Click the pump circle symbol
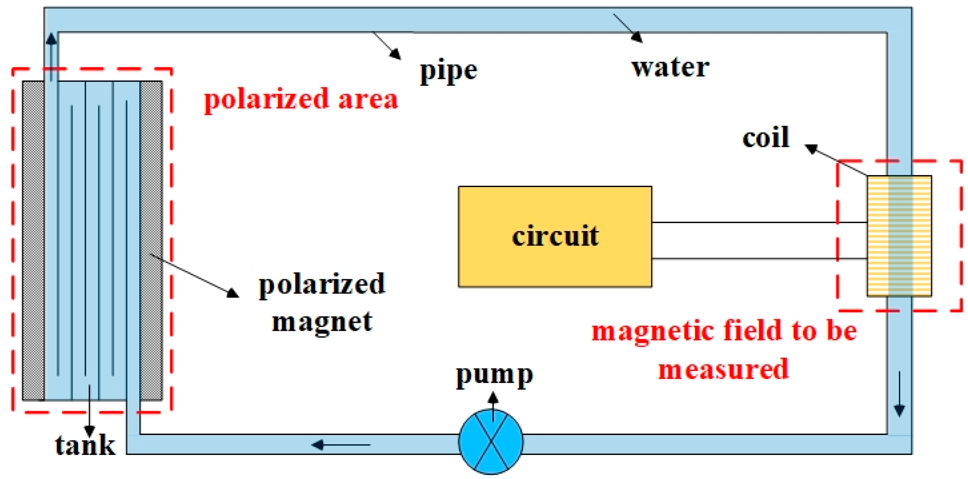[490, 442]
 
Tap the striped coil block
[899, 236]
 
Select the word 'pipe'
[448, 72]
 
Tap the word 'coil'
[765, 138]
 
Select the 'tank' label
[85, 446]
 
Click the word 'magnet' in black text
[322, 322]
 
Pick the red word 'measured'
[724, 369]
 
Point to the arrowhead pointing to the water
[636, 37]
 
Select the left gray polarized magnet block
[33, 240]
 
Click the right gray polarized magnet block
[151, 240]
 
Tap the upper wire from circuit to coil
[759, 222]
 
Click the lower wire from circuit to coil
[759, 259]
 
